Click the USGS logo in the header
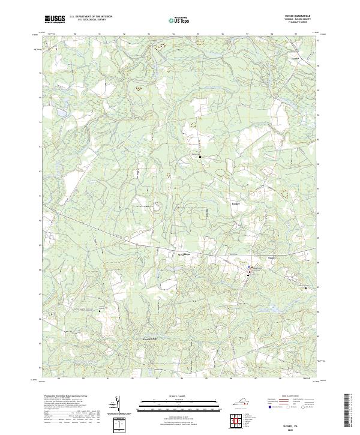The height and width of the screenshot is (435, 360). coord(55,20)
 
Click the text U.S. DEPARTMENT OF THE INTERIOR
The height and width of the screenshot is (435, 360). coord(91,17)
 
